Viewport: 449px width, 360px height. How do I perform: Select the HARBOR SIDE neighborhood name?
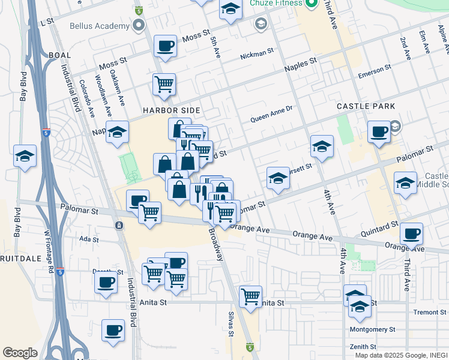pyautogui.click(x=170, y=110)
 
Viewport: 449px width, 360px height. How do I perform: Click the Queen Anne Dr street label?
pyautogui.click(x=271, y=109)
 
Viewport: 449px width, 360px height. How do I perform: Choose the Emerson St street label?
pyautogui.click(x=374, y=73)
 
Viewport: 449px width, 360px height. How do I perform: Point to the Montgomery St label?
pyautogui.click(x=373, y=329)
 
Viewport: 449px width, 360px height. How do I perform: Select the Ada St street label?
pyautogui.click(x=88, y=238)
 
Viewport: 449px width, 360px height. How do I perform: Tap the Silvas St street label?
pyautogui.click(x=230, y=324)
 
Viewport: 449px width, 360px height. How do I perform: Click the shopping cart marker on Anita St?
pyautogui.click(x=250, y=296)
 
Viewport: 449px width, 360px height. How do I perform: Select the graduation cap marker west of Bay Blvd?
pyautogui.click(x=25, y=157)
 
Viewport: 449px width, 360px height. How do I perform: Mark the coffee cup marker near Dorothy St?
pyautogui.click(x=106, y=282)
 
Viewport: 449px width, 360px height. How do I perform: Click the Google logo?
pyautogui.click(x=20, y=353)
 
